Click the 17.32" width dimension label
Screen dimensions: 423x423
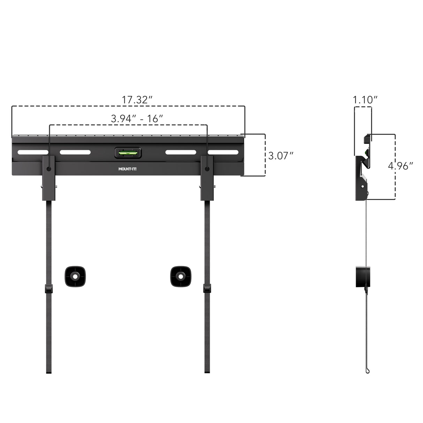137,100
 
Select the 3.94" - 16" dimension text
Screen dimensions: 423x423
137,118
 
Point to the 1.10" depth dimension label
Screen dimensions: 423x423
365,100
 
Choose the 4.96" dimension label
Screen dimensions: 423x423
400,166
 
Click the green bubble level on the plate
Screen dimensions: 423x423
128,152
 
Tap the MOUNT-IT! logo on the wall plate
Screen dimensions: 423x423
128,170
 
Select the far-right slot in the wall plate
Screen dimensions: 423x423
223,152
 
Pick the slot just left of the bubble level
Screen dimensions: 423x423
75,152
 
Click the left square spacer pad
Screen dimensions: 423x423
75,277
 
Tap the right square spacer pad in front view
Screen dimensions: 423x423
180,277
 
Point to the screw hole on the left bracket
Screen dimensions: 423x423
49,169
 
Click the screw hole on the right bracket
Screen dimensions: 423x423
207,169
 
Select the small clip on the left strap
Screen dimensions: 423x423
49,289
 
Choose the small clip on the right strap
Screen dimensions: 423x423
207,289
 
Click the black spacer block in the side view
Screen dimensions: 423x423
362,277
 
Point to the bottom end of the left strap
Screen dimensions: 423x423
49,371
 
